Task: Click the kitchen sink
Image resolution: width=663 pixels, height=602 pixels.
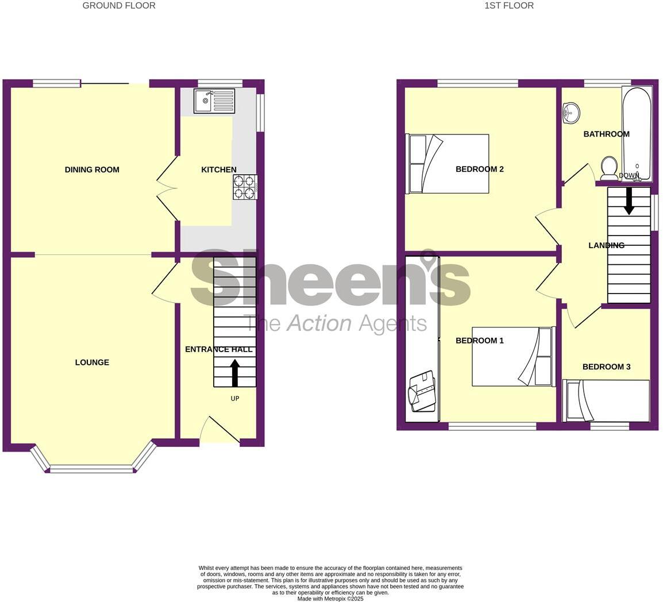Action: (214, 101)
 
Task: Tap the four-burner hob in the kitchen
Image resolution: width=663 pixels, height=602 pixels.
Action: (245, 187)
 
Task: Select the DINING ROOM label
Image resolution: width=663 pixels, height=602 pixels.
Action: (92, 169)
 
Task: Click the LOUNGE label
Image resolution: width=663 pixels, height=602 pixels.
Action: (92, 362)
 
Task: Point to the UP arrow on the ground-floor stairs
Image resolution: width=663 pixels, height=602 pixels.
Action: (234, 372)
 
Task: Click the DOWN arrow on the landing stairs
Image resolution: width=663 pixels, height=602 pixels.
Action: (629, 201)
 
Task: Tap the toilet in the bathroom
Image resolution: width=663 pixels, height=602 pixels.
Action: (608, 168)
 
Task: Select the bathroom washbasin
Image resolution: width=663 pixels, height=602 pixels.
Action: (571, 113)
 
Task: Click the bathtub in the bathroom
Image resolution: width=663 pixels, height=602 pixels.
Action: (637, 133)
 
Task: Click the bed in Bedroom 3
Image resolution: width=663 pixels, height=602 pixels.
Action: (608, 400)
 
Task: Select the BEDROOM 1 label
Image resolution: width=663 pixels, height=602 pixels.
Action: (479, 341)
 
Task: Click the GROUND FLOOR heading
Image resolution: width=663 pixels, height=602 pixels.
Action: (119, 6)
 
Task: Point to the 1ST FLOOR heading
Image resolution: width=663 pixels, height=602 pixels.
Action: (509, 6)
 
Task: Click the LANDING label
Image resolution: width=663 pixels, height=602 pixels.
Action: (606, 245)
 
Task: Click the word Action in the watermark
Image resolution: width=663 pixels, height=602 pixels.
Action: (319, 323)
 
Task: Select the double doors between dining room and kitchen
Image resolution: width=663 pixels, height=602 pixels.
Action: (167, 188)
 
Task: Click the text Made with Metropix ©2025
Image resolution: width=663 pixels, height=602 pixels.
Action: (330, 599)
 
